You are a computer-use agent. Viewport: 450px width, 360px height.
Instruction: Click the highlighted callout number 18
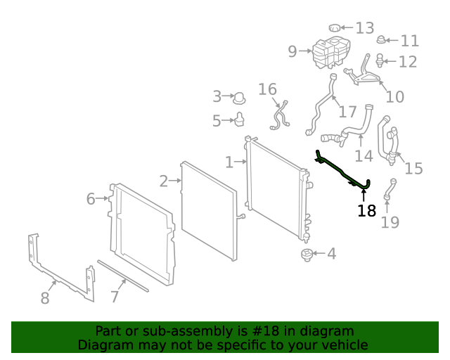(366, 210)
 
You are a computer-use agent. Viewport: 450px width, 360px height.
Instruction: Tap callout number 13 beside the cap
(364, 28)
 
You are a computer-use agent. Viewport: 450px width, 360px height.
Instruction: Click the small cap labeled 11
(381, 40)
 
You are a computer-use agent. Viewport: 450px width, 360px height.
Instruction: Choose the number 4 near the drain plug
(330, 253)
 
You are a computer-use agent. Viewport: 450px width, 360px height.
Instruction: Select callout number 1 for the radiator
(229, 162)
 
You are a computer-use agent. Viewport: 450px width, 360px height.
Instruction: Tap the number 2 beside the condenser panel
(164, 181)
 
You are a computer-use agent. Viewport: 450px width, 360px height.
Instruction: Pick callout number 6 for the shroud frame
(91, 199)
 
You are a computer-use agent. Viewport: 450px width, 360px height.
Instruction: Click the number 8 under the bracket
(45, 298)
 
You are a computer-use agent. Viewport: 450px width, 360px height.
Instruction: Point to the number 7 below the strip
(115, 297)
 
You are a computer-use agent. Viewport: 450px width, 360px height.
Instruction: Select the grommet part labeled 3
(239, 96)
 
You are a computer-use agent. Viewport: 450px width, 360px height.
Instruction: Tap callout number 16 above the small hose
(267, 89)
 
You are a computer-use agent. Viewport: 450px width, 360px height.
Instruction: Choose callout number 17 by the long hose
(347, 112)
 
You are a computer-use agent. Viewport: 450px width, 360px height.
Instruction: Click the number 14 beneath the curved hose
(364, 155)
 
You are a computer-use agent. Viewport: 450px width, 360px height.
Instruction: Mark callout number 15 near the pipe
(413, 168)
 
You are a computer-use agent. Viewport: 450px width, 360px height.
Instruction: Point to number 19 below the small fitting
(390, 222)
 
